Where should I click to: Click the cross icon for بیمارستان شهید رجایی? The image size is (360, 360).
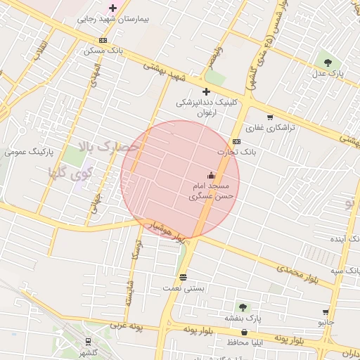click(112, 8)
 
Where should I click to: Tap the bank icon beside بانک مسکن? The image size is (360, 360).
click(103, 40)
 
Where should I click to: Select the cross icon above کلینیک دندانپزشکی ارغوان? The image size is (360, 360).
click(206, 91)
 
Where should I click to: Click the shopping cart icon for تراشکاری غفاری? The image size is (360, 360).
click(270, 117)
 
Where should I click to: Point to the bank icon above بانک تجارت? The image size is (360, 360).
click(236, 141)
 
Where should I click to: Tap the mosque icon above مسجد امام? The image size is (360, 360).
click(211, 175)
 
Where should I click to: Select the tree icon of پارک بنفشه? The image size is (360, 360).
click(243, 307)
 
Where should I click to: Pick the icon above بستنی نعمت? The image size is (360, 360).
click(184, 277)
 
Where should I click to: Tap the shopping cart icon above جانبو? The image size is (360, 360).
click(326, 311)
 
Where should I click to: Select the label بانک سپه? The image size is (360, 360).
click(348, 271)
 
